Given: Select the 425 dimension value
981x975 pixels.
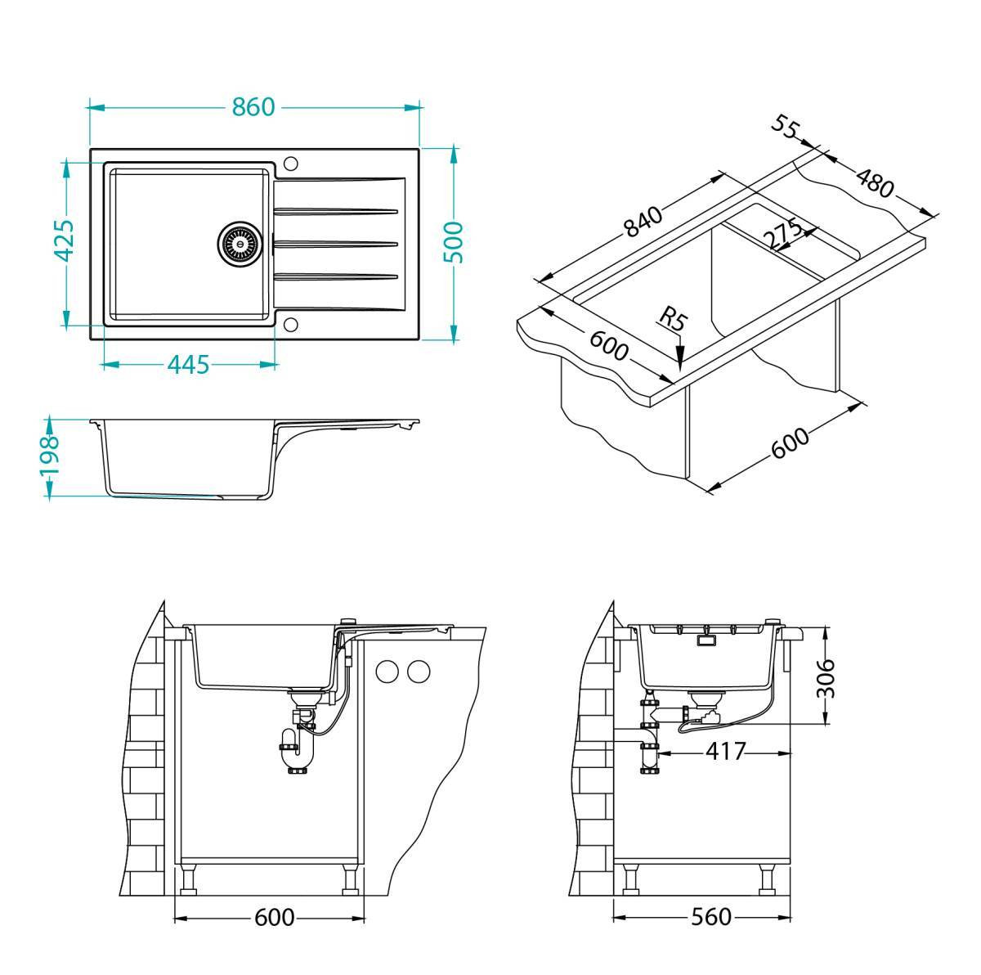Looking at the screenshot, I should (x=65, y=242).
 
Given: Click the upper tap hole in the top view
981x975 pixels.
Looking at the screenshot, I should (x=290, y=161).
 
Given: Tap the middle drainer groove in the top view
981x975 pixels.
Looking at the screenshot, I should (x=335, y=242).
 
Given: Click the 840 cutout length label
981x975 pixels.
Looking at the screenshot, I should (x=642, y=222).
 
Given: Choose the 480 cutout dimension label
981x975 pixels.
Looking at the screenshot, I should (x=874, y=182).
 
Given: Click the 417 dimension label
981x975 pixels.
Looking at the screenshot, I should (x=724, y=751).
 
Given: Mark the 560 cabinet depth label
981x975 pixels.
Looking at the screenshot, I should (x=710, y=918).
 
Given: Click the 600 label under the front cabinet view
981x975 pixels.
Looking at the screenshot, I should (x=274, y=918).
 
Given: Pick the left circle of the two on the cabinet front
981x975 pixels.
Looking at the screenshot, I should (x=386, y=672).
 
